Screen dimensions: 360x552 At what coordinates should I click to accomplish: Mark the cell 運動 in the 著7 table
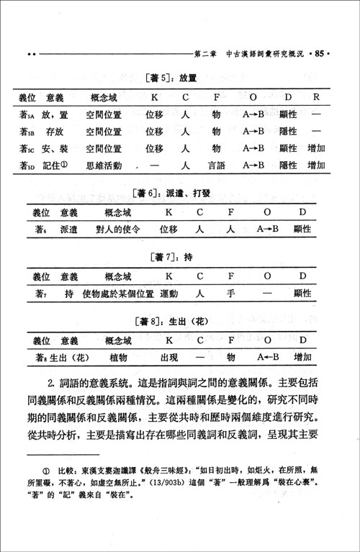[x=168, y=294]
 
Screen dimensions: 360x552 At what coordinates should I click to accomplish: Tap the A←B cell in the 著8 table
[x=269, y=357]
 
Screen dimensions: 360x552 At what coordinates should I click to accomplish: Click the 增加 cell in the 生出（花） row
[x=303, y=357]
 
